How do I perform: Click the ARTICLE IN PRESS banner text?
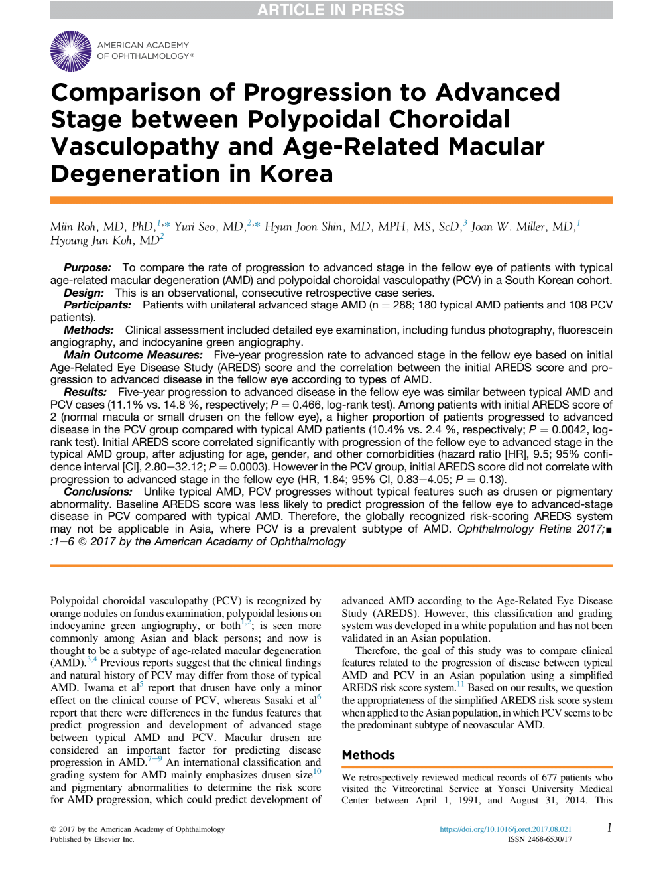click(330, 10)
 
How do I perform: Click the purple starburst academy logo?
click(71, 51)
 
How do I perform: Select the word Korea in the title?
click(296, 174)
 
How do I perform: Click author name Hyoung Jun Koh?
click(90, 241)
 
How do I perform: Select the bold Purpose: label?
click(88, 268)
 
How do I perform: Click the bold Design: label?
click(84, 293)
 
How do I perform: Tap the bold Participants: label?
click(97, 305)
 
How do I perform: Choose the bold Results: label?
click(86, 393)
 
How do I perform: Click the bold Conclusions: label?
click(98, 492)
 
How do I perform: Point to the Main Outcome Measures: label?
click(133, 356)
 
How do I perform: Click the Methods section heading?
click(368, 755)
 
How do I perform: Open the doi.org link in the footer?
click(505, 829)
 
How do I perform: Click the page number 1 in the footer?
click(609, 828)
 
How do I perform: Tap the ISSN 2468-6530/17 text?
click(540, 839)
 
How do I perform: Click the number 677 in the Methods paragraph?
click(550, 778)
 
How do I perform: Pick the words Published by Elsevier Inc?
click(92, 839)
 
